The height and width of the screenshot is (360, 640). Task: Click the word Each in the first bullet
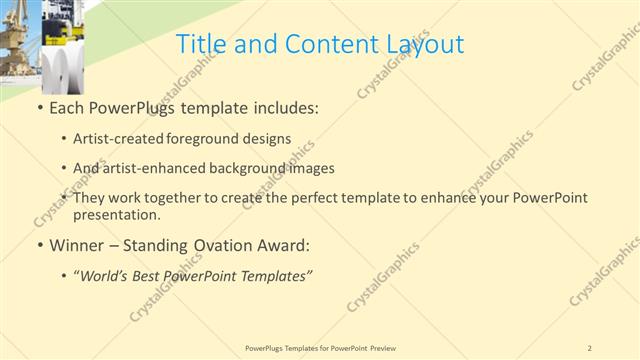pos(67,107)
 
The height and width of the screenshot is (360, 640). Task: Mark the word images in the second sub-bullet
pos(307,168)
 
